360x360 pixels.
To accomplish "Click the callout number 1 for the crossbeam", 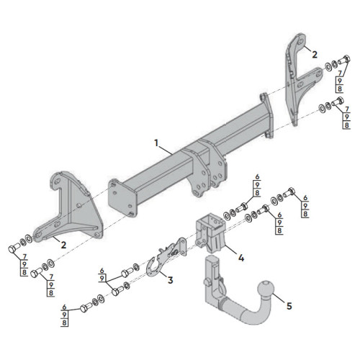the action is click(156, 143).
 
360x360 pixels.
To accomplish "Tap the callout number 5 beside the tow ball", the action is click(289, 306).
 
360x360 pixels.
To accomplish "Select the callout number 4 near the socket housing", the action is click(241, 258).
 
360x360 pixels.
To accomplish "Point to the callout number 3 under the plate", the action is click(170, 280).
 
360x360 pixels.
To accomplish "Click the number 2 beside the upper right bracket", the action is click(315, 55).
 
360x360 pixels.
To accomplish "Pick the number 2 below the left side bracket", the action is click(63, 245).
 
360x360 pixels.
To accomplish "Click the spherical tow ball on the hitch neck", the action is click(266, 289).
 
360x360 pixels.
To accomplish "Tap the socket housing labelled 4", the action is click(210, 233).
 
